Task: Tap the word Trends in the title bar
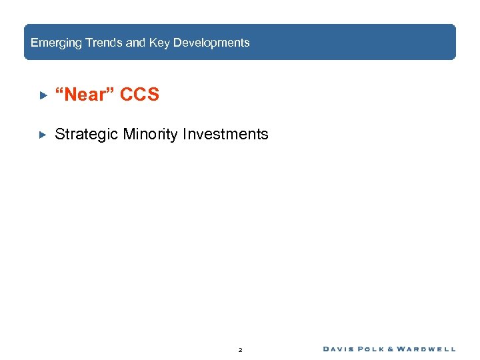pos(102,43)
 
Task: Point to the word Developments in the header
pos(211,43)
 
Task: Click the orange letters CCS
pos(140,95)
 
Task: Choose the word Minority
pos(151,135)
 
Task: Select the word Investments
pos(227,135)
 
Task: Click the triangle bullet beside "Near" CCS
pos(42,95)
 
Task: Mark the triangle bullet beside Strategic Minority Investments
pos(42,135)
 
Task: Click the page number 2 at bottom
pos(240,349)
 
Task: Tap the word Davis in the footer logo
pos(340,349)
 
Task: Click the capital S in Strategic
pos(59,135)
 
